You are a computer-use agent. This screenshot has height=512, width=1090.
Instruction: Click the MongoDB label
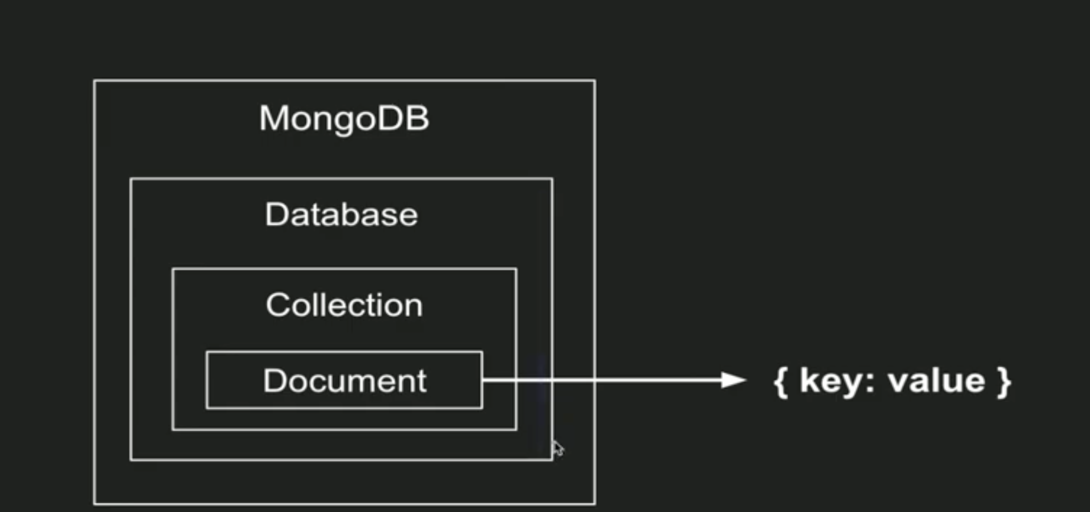click(344, 118)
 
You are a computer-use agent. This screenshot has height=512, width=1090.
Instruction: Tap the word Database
click(341, 215)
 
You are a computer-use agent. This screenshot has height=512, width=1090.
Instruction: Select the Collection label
click(344, 305)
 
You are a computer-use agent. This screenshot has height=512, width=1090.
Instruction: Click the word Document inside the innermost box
click(345, 381)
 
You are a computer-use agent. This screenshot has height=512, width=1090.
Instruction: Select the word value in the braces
click(936, 381)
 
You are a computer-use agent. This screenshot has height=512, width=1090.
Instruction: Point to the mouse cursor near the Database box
click(558, 447)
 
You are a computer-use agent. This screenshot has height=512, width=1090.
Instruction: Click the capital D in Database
click(276, 215)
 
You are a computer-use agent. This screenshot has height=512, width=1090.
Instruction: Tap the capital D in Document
click(274, 381)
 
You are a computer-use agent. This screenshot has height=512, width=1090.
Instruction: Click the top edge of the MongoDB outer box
click(344, 81)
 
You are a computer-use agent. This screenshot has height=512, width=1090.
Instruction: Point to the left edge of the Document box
click(207, 380)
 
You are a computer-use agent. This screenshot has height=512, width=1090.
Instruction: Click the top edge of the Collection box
click(344, 269)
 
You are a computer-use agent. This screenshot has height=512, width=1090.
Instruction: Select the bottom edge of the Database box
click(341, 459)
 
